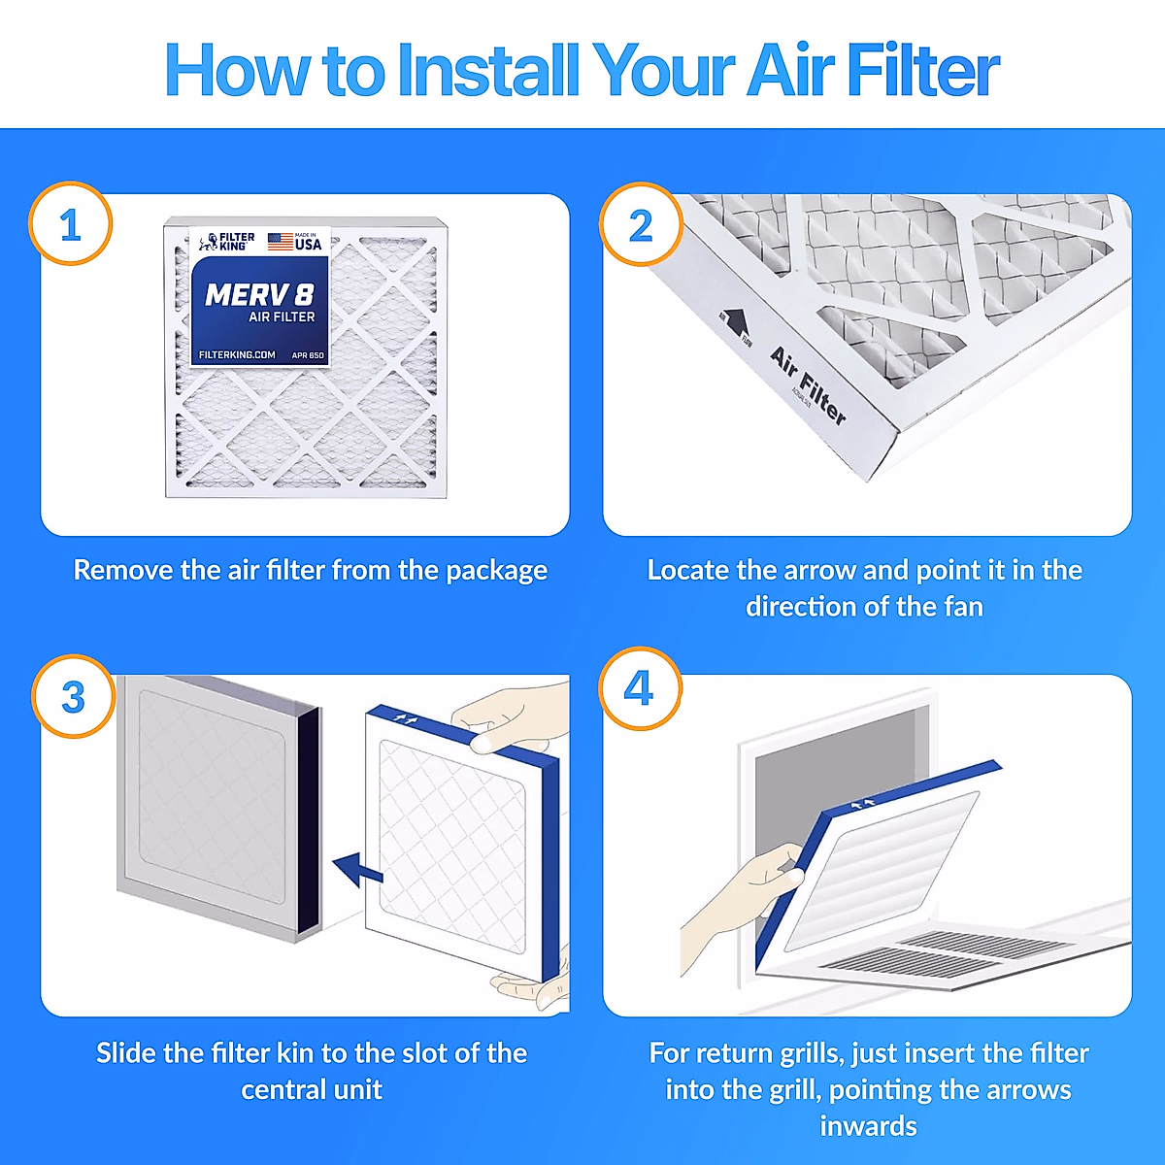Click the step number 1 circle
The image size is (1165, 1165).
pyautogui.click(x=71, y=225)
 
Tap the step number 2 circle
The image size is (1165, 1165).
pyautogui.click(x=641, y=225)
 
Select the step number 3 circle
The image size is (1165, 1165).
pyautogui.click(x=74, y=697)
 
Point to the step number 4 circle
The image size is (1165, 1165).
pyautogui.click(x=639, y=688)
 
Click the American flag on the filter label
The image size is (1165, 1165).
pyautogui.click(x=281, y=242)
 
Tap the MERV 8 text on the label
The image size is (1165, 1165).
pyautogui.click(x=259, y=294)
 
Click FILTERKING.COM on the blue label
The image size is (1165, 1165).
pyautogui.click(x=237, y=355)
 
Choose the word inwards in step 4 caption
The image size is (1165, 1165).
pyautogui.click(x=868, y=1126)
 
